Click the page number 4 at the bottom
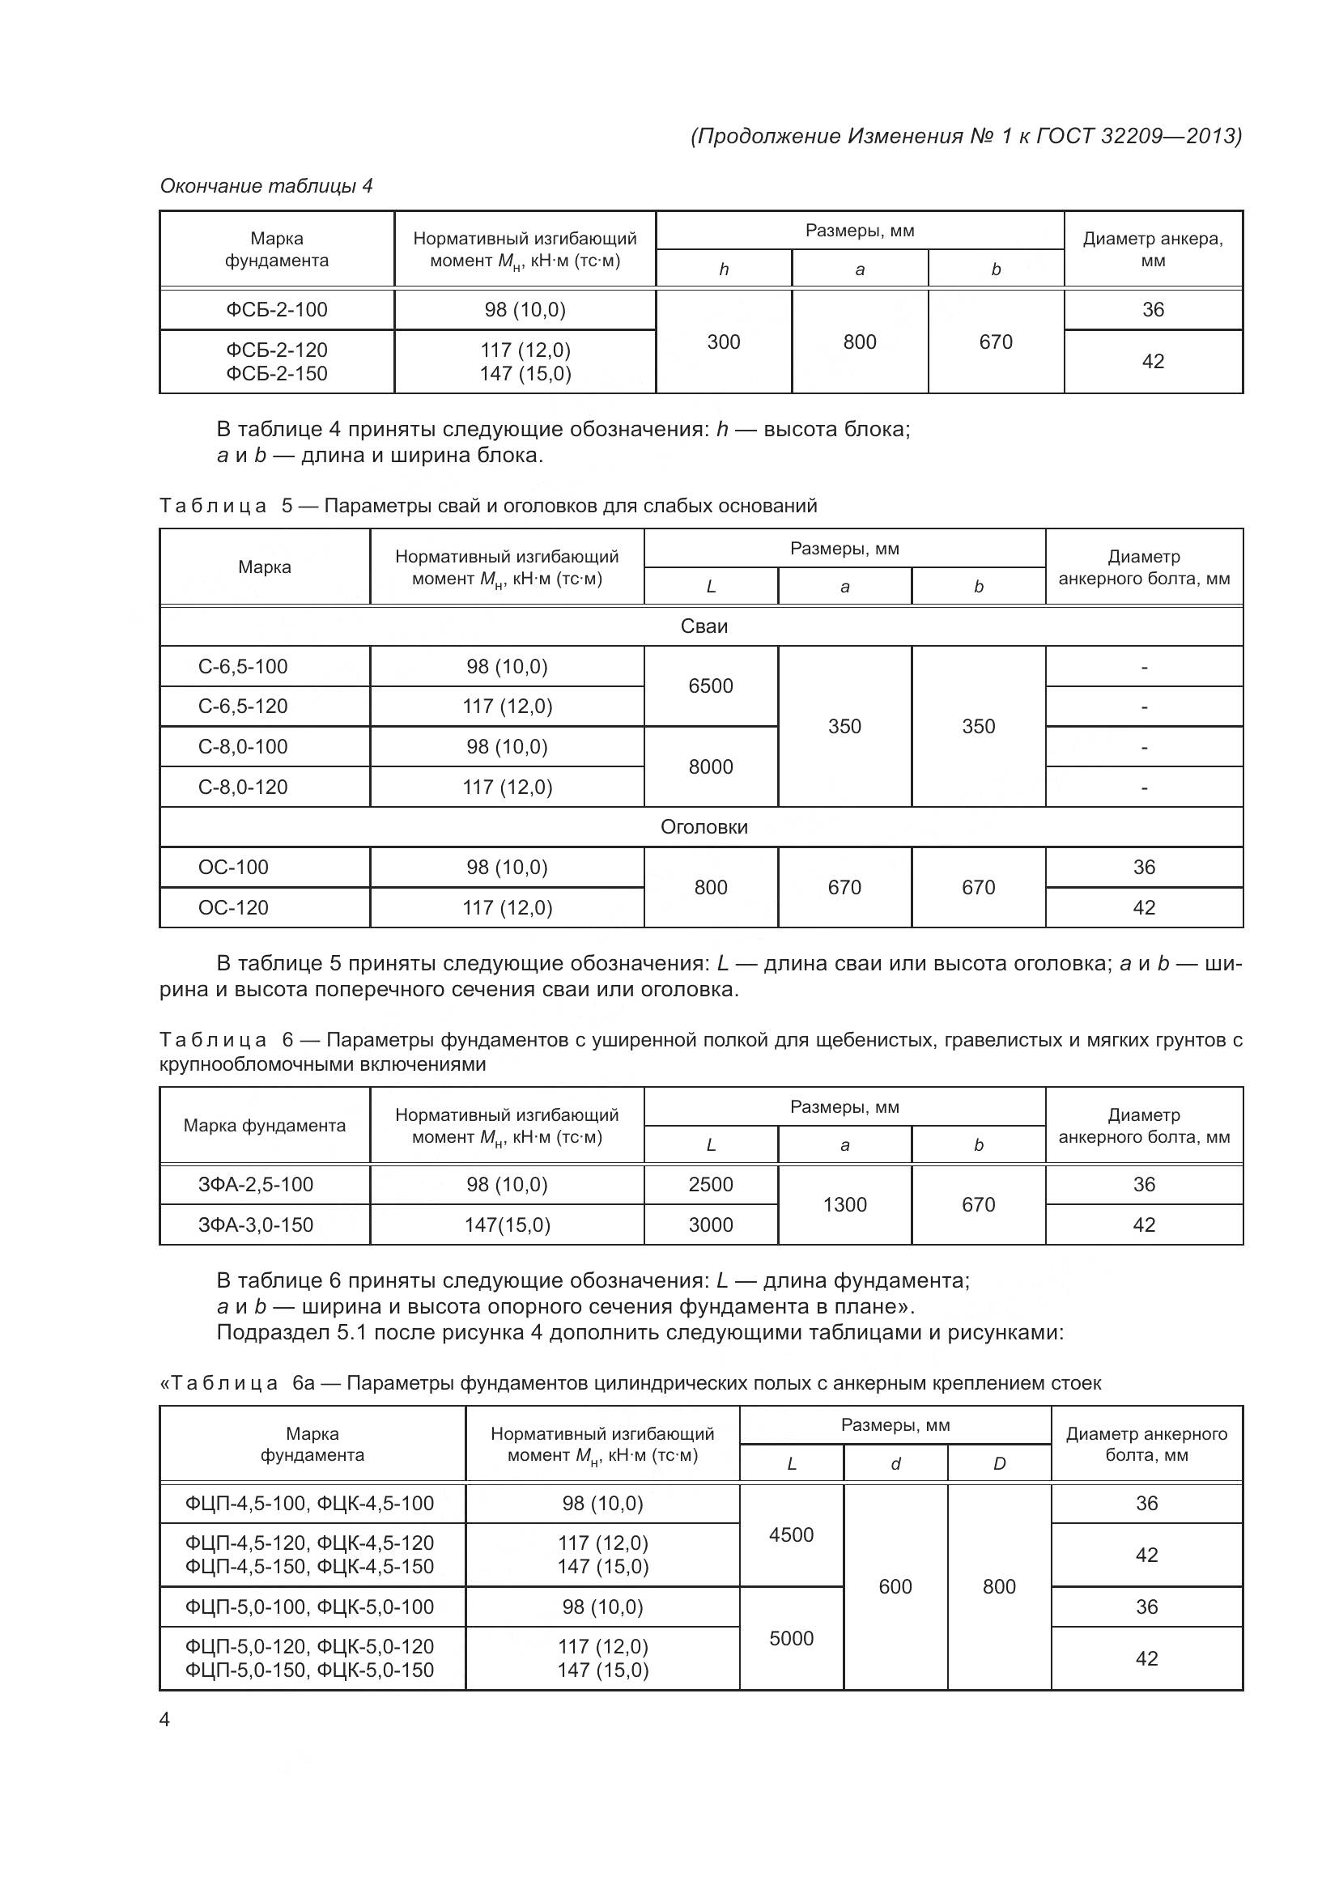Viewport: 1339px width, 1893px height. point(164,1719)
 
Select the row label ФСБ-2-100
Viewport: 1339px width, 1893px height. point(277,310)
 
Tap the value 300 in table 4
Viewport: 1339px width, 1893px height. point(723,342)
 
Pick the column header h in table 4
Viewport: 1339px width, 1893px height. point(723,270)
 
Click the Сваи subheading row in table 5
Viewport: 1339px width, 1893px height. point(704,626)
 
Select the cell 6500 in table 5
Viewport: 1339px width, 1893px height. point(710,686)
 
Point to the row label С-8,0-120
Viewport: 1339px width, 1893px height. point(242,787)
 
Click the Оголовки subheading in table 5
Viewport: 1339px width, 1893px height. point(704,827)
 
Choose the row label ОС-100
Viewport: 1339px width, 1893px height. point(233,868)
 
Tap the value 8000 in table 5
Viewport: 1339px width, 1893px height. point(710,766)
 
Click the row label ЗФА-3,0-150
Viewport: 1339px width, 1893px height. point(256,1225)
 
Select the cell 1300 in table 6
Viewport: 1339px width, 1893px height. point(844,1204)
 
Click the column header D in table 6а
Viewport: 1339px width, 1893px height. point(998,1463)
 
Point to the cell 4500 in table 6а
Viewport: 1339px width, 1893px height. point(791,1534)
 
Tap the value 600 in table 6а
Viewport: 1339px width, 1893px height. point(895,1586)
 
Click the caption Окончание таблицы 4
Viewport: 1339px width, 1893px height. point(266,186)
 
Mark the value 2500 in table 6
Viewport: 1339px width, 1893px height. point(710,1185)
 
